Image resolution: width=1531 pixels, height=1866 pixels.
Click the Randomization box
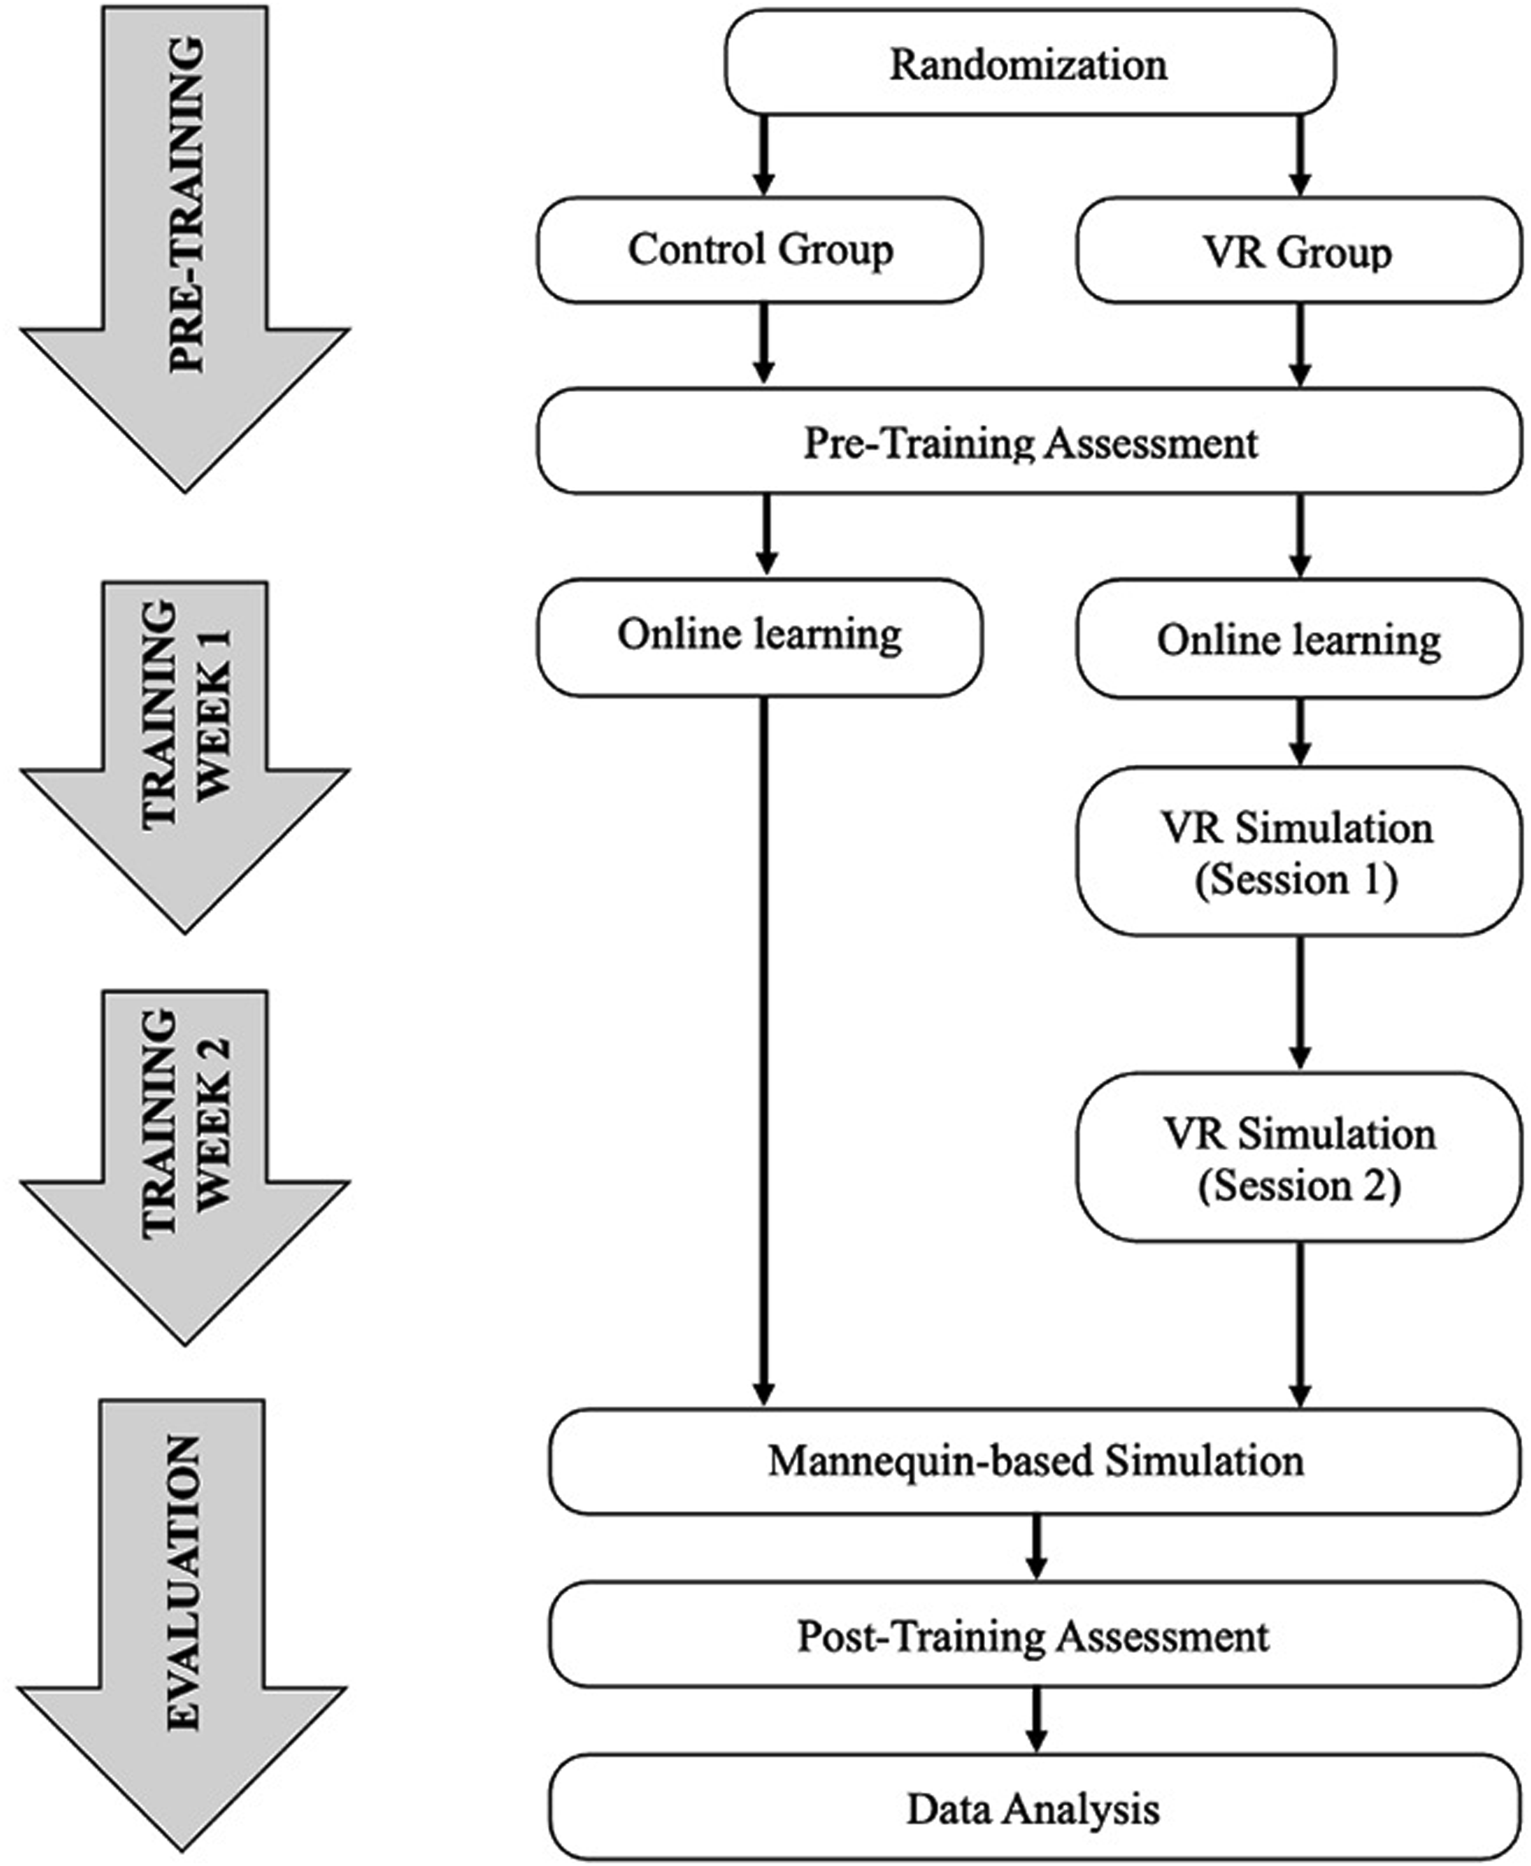click(1030, 62)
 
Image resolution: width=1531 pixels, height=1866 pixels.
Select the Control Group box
click(760, 249)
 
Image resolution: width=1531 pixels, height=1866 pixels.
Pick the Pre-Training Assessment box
click(1030, 441)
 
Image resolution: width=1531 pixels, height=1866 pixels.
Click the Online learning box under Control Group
click(760, 637)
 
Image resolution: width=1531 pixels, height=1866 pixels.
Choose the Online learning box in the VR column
click(1299, 638)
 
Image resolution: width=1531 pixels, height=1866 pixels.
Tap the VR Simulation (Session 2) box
click(1299, 1158)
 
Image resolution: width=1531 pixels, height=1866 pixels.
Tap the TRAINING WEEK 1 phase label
click(186, 714)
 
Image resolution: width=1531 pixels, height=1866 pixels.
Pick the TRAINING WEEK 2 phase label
click(186, 1124)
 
